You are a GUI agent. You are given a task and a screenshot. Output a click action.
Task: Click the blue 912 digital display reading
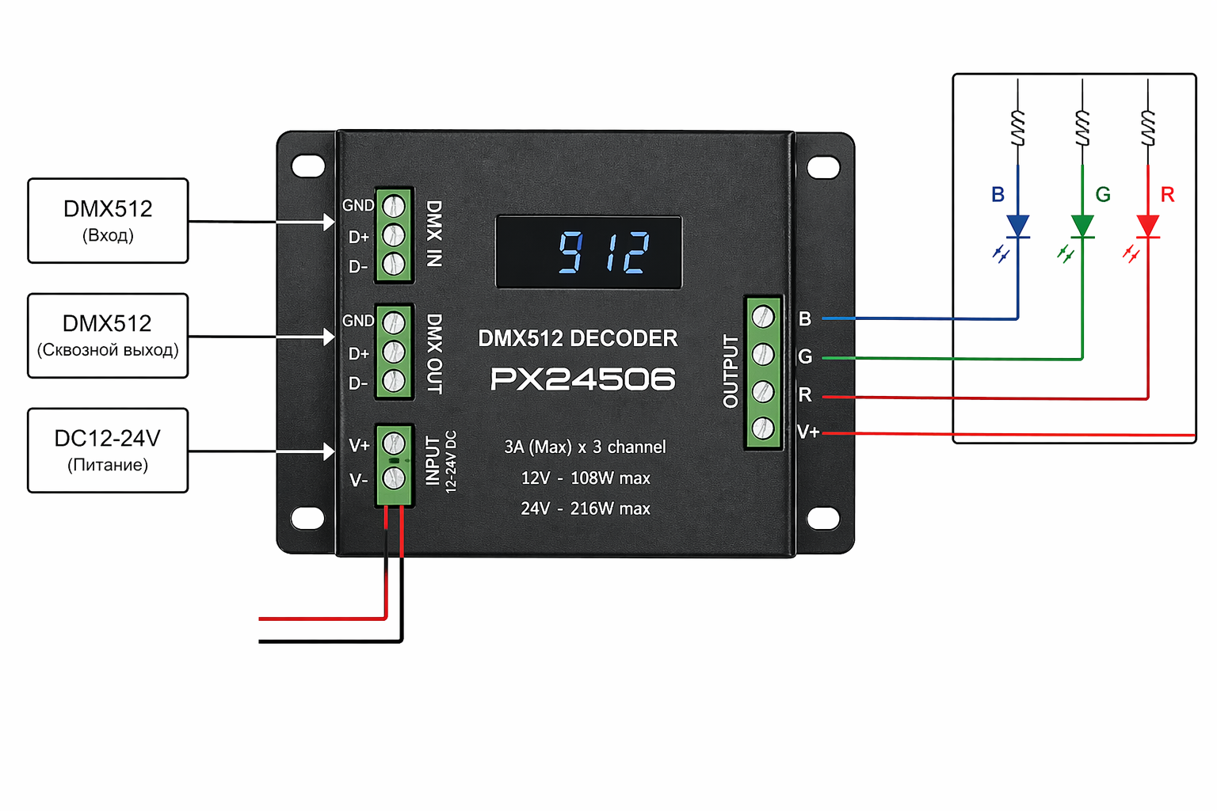[604, 253]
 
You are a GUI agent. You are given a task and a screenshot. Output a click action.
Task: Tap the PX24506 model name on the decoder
[582, 379]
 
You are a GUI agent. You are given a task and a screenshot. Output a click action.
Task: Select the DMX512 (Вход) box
[108, 220]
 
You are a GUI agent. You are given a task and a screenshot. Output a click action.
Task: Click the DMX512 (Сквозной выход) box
[108, 336]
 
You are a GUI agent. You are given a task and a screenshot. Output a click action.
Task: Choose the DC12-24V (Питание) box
[108, 450]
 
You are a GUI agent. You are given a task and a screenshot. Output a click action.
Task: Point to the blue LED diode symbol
[1017, 227]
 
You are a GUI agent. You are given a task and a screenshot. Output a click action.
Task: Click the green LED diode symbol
[1082, 227]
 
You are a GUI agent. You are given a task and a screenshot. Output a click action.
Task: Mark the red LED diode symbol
[1147, 227]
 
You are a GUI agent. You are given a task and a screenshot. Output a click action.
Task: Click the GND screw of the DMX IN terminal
[394, 206]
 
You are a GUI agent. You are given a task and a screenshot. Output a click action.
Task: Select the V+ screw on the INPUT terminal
[394, 444]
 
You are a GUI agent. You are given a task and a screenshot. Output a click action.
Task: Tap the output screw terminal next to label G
[763, 354]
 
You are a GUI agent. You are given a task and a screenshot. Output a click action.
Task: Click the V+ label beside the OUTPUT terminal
[808, 432]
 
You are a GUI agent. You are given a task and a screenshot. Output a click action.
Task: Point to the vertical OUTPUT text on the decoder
[731, 371]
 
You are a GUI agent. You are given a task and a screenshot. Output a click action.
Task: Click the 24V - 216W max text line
[586, 508]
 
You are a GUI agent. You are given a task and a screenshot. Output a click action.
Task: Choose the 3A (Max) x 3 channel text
[586, 447]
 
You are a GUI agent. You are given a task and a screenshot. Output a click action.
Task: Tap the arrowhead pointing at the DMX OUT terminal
[329, 337]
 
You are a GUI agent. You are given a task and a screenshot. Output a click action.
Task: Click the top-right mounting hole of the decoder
[823, 167]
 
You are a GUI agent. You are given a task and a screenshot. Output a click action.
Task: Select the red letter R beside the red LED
[1167, 195]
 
